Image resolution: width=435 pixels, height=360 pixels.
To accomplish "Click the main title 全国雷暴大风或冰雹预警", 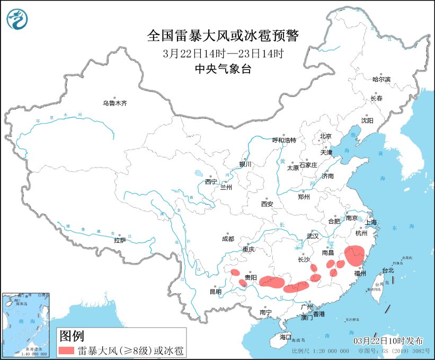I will pyautogui.click(x=223, y=36).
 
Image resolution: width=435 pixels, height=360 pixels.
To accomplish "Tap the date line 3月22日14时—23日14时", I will pyautogui.click(x=223, y=53).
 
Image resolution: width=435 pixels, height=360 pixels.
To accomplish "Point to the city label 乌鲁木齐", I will pyautogui.click(x=115, y=103).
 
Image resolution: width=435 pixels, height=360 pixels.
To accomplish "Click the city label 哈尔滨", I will pyautogui.click(x=381, y=79).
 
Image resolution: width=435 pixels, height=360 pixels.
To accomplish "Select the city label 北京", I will pyautogui.click(x=325, y=136).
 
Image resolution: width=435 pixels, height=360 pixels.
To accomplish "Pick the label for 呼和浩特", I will pyautogui.click(x=284, y=140).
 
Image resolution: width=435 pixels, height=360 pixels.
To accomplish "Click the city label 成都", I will pyautogui.click(x=228, y=239).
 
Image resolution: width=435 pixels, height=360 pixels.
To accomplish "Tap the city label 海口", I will pyautogui.click(x=286, y=337).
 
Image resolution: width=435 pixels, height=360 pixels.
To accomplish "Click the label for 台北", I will pyautogui.click(x=388, y=270).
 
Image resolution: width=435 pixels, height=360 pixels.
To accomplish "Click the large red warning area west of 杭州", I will pyautogui.click(x=354, y=255).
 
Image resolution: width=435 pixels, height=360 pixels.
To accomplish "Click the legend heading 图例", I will pyautogui.click(x=72, y=335).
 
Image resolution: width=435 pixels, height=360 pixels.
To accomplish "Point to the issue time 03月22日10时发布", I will pyautogui.click(x=389, y=339).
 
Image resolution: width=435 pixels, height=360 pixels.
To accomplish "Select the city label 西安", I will pyautogui.click(x=267, y=204).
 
